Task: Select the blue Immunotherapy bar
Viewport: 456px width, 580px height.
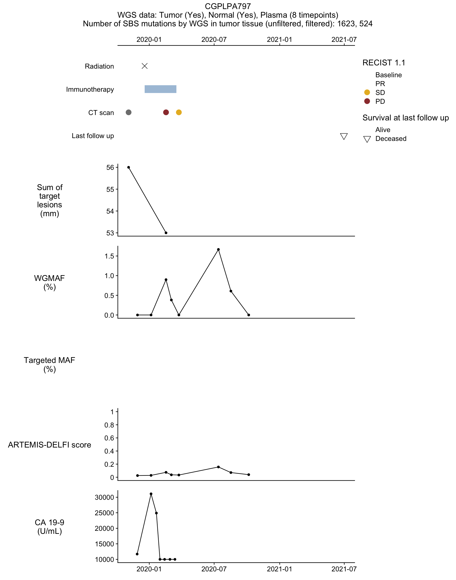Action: pos(160,89)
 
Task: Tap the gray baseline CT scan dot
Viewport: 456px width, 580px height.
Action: pos(128,112)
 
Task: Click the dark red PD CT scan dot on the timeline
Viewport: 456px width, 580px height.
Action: pos(166,112)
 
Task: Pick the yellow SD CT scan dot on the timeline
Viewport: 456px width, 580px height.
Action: pos(179,112)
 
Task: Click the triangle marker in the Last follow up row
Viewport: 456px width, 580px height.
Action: pos(344,136)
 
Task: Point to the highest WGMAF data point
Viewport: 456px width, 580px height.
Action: pos(218,249)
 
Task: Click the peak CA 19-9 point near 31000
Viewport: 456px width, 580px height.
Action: pos(151,494)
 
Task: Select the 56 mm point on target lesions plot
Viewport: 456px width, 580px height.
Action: pos(128,167)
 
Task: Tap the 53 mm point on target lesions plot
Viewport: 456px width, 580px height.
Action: pos(166,233)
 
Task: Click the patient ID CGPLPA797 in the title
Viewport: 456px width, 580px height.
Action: pos(228,6)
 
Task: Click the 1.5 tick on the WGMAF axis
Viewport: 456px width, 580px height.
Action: pos(109,256)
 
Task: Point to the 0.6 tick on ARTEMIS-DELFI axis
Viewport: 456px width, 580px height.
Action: pos(109,438)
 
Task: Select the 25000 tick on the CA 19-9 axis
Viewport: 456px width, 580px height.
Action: pos(104,513)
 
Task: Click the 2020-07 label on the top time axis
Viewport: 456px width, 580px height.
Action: pos(214,39)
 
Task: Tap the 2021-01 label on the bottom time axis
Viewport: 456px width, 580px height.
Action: pos(280,569)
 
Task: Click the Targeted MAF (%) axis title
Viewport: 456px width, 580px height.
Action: pos(49,365)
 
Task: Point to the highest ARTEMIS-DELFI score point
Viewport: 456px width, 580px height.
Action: pos(218,467)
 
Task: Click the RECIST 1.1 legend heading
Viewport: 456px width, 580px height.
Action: pos(384,63)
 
